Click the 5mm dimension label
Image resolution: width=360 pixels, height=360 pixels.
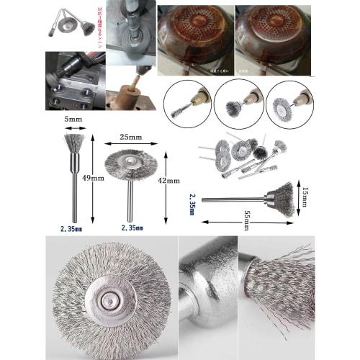[x=72, y=119]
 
